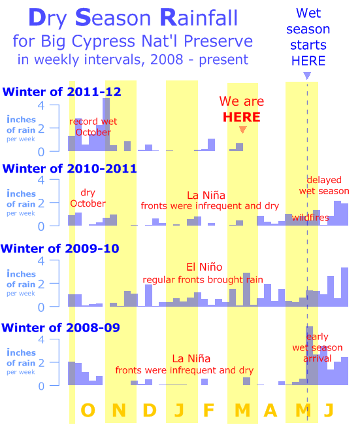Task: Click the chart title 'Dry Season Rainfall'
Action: (x=133, y=18)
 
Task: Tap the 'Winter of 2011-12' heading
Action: (x=61, y=92)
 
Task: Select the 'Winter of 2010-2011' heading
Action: (x=69, y=169)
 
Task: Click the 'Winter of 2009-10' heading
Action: (x=60, y=249)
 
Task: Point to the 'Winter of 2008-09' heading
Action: (x=60, y=328)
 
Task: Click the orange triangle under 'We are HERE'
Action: (x=243, y=129)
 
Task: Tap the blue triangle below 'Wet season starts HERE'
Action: (x=307, y=75)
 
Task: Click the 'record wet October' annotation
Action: (x=93, y=127)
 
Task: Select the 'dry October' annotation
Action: (x=88, y=198)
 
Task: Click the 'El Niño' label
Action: (x=205, y=267)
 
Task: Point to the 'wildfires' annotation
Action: (x=310, y=218)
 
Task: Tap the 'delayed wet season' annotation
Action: (x=324, y=185)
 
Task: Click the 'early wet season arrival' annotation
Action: (x=318, y=347)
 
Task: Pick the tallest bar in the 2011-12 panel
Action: (x=106, y=124)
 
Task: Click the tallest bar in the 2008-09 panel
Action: (x=310, y=356)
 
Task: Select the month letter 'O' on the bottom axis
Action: (x=88, y=410)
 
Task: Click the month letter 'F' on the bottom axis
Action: (x=208, y=410)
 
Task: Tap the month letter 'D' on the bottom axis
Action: (x=150, y=410)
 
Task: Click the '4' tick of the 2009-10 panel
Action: (x=41, y=261)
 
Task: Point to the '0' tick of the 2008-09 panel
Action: (x=41, y=386)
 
